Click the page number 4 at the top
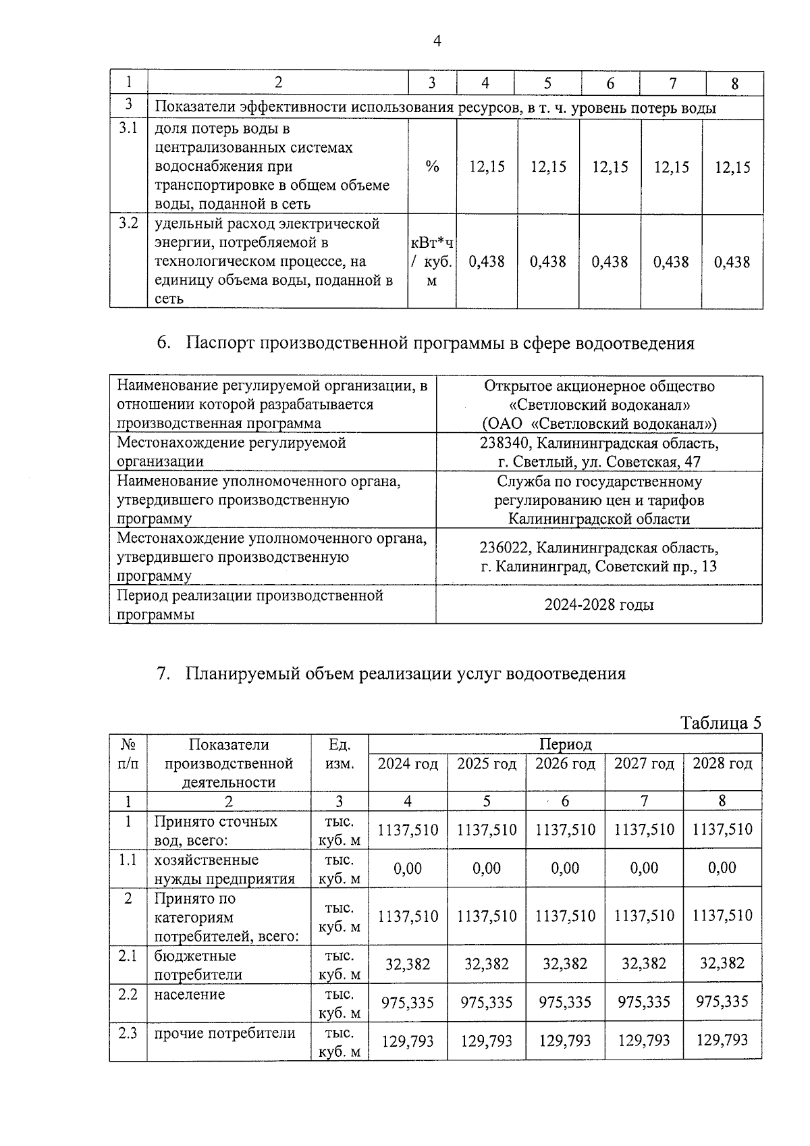437,42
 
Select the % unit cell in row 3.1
432,167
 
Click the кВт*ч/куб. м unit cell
432,261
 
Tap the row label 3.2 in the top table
128,223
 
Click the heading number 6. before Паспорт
163,343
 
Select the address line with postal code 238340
599,444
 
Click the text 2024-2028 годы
599,604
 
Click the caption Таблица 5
721,723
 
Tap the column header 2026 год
565,764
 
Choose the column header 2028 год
722,764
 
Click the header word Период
565,744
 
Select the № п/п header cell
128,754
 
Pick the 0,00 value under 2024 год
408,868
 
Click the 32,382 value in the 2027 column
643,964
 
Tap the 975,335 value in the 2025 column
486,1002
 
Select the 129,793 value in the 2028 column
722,1041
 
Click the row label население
189,995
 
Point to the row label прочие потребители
225,1033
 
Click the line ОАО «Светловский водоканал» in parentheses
599,423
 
